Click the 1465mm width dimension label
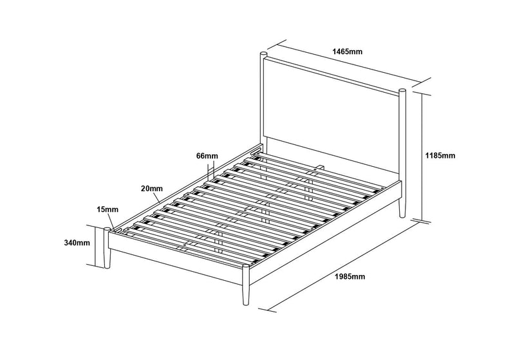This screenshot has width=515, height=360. point(347,52)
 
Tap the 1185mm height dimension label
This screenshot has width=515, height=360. point(440,155)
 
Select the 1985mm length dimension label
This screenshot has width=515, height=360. point(350,276)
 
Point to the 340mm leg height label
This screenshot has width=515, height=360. point(77,243)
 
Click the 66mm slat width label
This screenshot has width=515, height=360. point(207,156)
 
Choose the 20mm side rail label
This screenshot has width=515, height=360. point(152,189)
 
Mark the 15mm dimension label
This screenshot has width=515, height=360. point(108,209)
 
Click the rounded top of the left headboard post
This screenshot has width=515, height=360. point(264,53)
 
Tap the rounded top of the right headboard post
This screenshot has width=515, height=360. point(402,91)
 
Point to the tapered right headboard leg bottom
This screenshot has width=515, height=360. point(402,208)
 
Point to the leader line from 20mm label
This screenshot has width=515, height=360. point(156,197)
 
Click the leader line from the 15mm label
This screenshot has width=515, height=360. point(111,221)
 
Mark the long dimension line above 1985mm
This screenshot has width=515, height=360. point(344,266)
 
